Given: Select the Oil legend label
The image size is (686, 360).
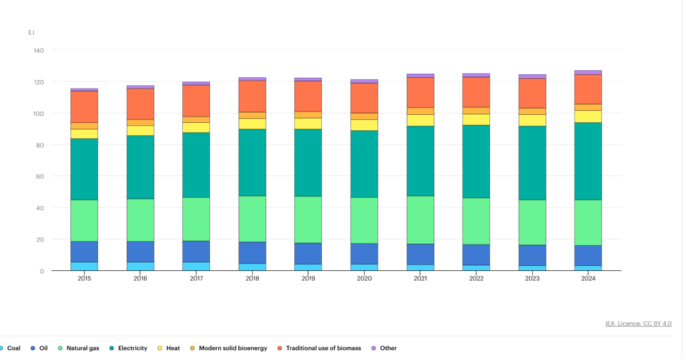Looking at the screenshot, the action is point(43,348).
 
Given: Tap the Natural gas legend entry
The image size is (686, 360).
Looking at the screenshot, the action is point(83,348).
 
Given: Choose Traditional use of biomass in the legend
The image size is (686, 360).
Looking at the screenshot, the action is point(324,348).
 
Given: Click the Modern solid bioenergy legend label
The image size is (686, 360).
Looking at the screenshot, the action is point(233,348).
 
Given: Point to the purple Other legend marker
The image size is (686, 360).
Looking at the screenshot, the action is point(374,348).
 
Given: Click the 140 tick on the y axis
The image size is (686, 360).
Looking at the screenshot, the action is point(39,50).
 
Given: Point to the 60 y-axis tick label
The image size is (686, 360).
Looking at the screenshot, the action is point(40,177).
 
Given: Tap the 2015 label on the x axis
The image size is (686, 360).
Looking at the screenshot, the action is point(84,278).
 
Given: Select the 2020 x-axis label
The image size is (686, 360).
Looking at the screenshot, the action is point(364,278).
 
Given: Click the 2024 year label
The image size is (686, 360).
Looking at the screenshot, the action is point(588,278).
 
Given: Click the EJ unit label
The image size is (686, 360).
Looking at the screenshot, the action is point(31,33).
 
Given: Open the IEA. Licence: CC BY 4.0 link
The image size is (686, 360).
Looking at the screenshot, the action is point(638,323).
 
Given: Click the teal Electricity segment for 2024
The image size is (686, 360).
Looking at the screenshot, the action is point(588,161).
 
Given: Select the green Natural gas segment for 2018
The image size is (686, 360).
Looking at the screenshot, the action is point(252,219).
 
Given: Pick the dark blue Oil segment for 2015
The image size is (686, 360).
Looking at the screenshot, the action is point(84,251).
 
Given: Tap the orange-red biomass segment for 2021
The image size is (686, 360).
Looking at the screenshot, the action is point(421,93).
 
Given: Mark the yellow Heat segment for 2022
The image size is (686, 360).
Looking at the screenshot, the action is point(476,119).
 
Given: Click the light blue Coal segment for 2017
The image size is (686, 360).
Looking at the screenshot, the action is point(196,266).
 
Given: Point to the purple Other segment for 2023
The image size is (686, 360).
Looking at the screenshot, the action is point(532,77).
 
